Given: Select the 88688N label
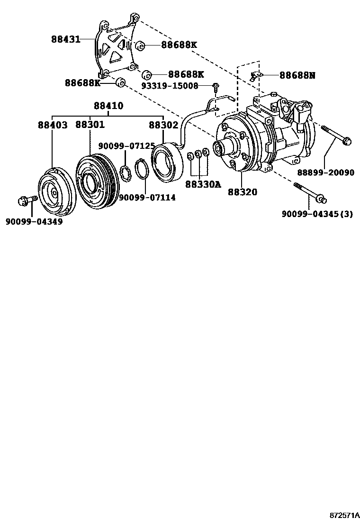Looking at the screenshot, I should click(297, 75).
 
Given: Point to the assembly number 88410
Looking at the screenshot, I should click(108, 106).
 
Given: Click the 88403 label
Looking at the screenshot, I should click(53, 125).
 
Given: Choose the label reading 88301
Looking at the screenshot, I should click(90, 125).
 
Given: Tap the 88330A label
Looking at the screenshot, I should click(203, 184).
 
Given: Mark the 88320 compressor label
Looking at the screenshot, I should click(242, 192).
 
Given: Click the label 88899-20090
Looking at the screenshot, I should click(325, 173).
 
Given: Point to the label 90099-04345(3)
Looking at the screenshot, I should click(317, 214).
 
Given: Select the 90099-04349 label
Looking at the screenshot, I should click(34, 221).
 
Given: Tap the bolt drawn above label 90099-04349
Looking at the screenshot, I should click(26, 201).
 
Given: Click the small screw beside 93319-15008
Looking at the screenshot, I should click(216, 87).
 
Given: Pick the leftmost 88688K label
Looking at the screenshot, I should click(83, 83).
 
